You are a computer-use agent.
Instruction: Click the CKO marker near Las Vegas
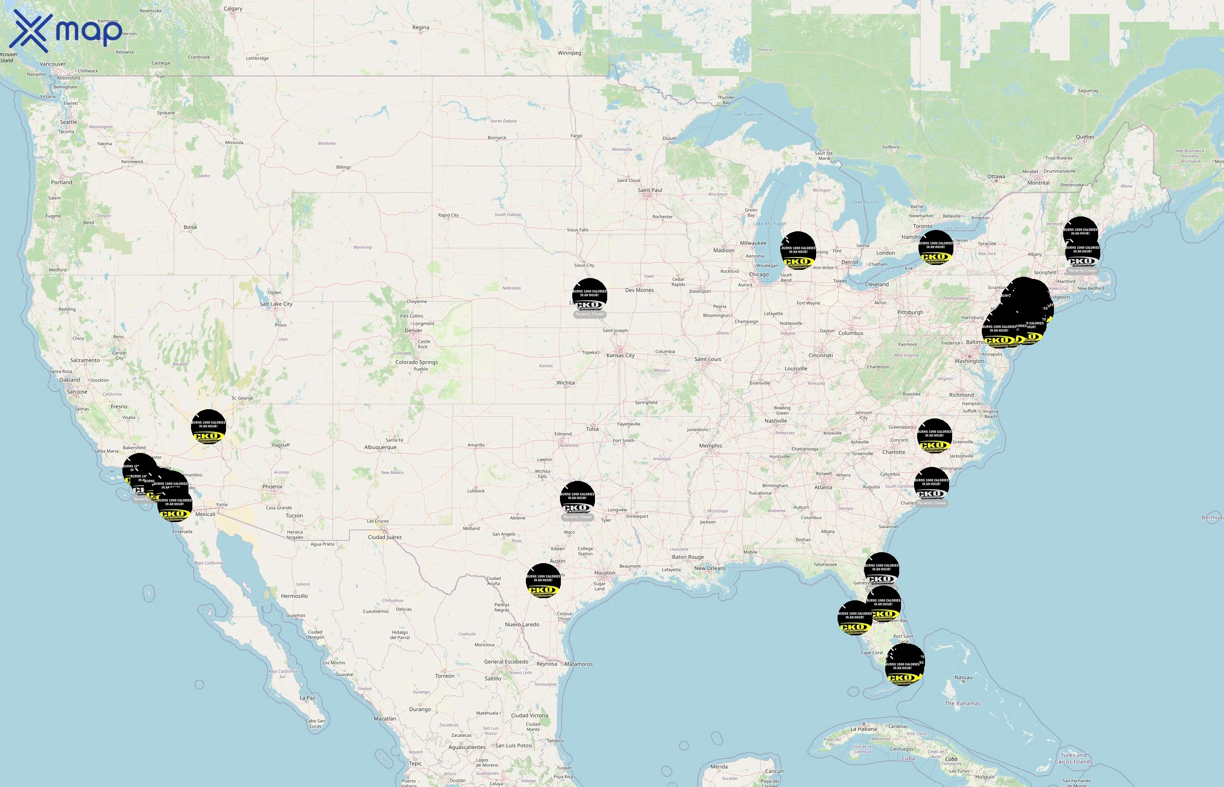[209, 427]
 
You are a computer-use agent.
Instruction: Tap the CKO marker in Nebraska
[590, 296]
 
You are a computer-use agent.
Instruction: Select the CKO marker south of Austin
[543, 581]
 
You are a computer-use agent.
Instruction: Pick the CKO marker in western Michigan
[798, 251]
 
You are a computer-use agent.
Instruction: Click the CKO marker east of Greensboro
[934, 436]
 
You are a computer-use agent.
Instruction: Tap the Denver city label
[413, 331]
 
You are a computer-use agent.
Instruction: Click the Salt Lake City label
[276, 304]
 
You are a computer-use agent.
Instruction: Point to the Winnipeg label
[569, 53]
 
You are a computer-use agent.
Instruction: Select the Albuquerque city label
[380, 448]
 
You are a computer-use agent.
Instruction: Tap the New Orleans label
[709, 568]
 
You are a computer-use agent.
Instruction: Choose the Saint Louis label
[708, 359]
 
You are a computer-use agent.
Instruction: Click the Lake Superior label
[747, 115]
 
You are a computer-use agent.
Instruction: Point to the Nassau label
[963, 678]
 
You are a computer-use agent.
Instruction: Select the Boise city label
[190, 227]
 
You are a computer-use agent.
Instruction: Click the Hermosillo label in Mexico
[294, 596]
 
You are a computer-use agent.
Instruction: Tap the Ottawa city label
[996, 177]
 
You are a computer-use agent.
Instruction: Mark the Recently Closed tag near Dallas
[577, 517]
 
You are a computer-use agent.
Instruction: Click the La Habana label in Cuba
[864, 729]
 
